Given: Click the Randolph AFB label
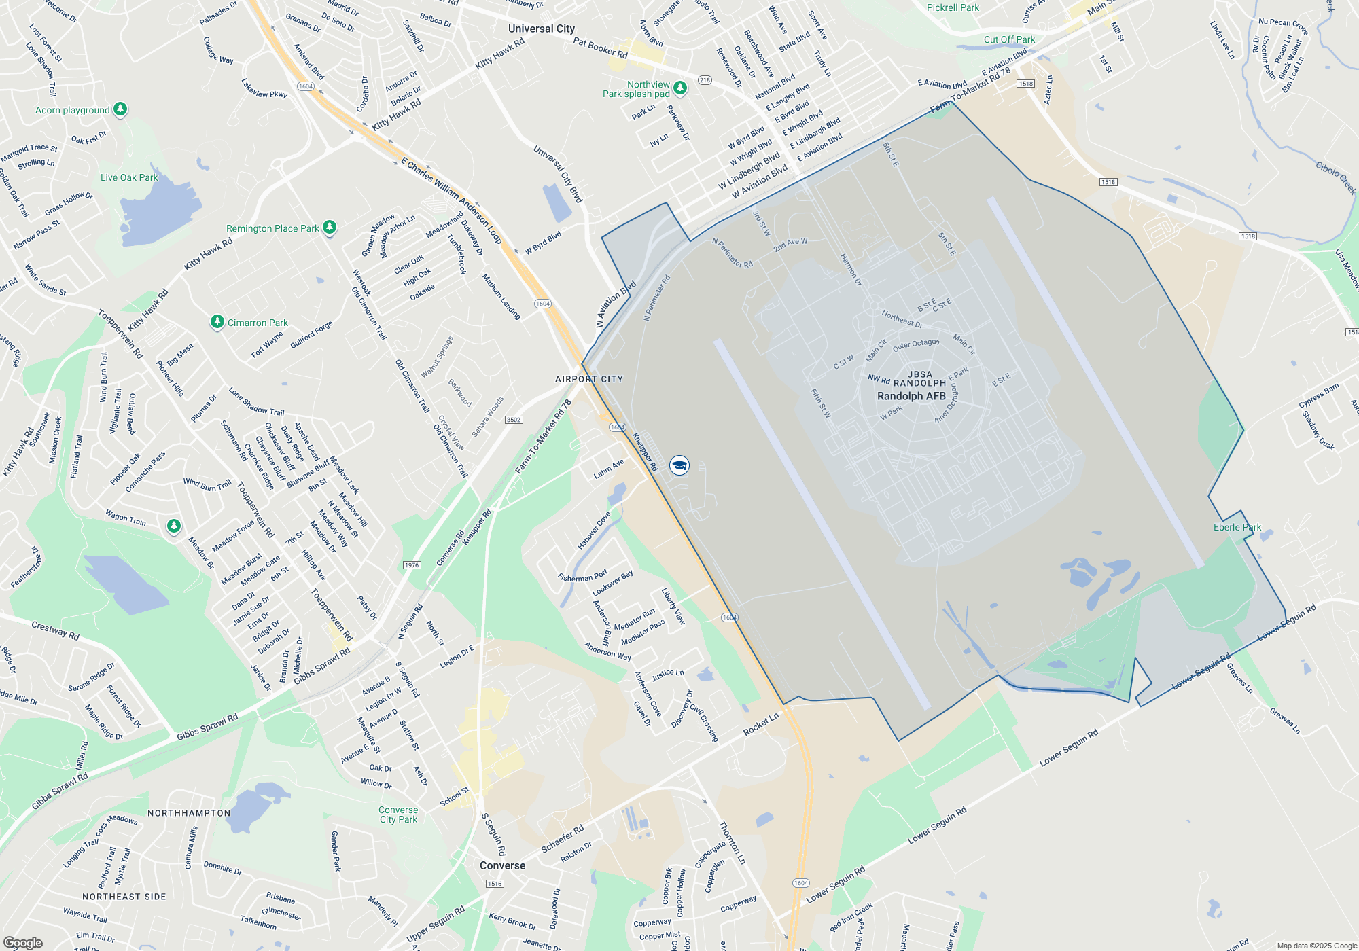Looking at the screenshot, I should click(x=911, y=396).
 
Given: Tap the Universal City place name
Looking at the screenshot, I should click(x=542, y=29).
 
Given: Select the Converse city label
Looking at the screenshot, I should click(x=502, y=865).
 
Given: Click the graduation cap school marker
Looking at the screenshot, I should click(x=679, y=465).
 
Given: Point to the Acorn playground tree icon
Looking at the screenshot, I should click(x=120, y=109).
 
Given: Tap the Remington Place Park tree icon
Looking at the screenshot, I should click(x=330, y=227).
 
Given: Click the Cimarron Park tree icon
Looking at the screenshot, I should click(x=217, y=321).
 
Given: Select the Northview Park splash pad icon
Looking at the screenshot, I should click(x=680, y=88).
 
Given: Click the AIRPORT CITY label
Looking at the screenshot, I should click(x=589, y=379).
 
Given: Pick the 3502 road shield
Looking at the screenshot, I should click(x=514, y=420).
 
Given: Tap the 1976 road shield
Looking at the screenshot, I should click(x=412, y=565).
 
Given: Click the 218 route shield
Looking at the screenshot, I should click(x=705, y=80).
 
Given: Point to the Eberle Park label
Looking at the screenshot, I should click(x=1237, y=527).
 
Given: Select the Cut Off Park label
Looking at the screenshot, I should click(x=1009, y=39).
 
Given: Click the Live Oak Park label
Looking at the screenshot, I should click(x=129, y=177).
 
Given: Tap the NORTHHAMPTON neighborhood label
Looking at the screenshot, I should click(x=189, y=813).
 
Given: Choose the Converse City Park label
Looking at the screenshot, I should click(x=398, y=814).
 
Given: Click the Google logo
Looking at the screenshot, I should click(x=22, y=943).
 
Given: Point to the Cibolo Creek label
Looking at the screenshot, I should click(x=1335, y=178).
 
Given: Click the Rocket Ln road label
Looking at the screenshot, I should click(x=761, y=724).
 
